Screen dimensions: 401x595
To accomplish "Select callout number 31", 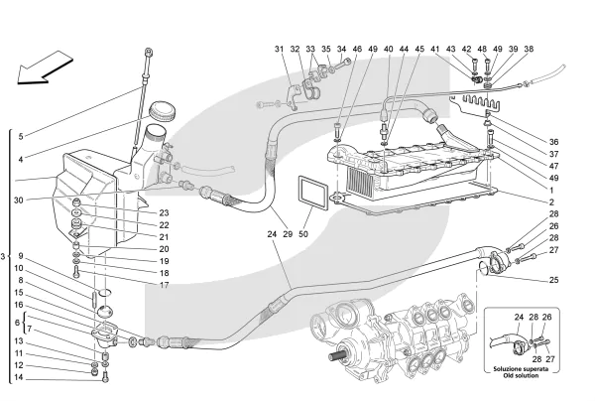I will click(280, 49).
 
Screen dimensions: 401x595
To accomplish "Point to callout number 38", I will click(529, 49).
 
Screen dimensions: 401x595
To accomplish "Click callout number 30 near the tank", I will click(19, 200).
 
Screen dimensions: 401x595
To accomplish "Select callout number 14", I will click(19, 377).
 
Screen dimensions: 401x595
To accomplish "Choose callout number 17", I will click(164, 285).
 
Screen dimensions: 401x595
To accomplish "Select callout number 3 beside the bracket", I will click(4, 257).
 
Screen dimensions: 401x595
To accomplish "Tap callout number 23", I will click(164, 211).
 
